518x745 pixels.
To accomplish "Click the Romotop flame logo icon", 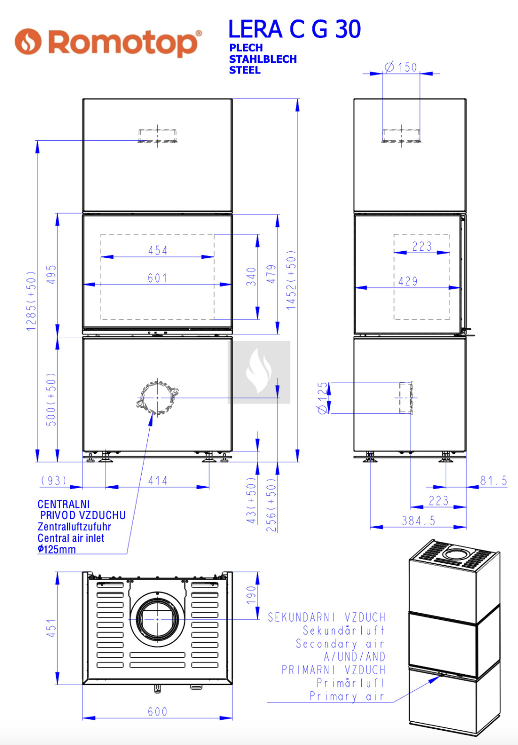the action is tap(28, 41).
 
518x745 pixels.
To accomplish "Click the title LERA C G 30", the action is tap(294, 29).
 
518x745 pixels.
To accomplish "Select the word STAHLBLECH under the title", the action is tap(263, 59).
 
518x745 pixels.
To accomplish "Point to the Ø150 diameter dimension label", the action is tap(401, 67).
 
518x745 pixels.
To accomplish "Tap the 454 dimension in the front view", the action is tap(158, 250).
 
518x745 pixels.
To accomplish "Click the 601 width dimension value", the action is tap(157, 278).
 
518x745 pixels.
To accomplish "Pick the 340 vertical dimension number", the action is tap(251, 277).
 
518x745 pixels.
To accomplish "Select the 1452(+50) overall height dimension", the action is tap(291, 280).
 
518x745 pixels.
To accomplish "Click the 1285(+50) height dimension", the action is tap(31, 301).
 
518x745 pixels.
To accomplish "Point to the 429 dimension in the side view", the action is tap(408, 282).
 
